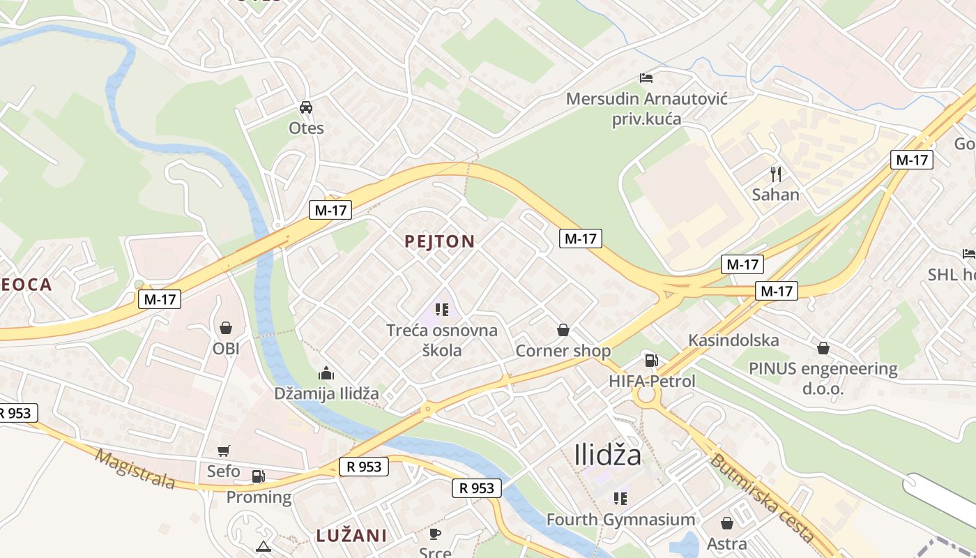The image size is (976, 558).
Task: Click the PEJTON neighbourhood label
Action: pos(440,242)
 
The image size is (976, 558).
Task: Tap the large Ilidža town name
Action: pos(607,455)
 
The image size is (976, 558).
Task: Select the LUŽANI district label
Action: pos(351,536)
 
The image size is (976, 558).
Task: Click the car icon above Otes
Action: pos(305,107)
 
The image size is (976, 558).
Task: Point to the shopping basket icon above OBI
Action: pos(226,327)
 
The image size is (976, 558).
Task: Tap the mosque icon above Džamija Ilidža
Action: pos(326,373)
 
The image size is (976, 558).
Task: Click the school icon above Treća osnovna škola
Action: pos(441,309)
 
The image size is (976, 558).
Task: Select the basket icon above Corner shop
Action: pos(563,329)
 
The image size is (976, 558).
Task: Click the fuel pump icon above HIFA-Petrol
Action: pos(651,360)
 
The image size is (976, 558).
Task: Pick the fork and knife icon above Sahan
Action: pos(775,173)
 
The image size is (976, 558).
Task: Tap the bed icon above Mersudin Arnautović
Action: pos(646,77)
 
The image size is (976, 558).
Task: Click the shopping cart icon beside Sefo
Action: pos(223,451)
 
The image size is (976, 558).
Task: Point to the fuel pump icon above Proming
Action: pos(258,476)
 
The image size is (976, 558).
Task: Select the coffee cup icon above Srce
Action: pos(435,534)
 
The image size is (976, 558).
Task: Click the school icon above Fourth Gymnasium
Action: pos(620,498)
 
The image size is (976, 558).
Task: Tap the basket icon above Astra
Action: pos(726,522)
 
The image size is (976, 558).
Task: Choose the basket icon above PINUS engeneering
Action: pos(823,347)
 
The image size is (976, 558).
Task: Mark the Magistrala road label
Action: pos(135,469)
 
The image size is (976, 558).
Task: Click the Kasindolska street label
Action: pos(733,340)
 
